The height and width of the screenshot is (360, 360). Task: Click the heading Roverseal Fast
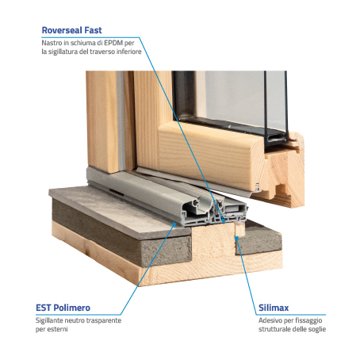[71, 30]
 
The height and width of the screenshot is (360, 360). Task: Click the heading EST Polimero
[63, 308]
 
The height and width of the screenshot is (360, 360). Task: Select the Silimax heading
[274, 308]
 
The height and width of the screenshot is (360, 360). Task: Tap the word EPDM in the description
[114, 43]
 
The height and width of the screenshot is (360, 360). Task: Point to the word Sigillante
[49, 320]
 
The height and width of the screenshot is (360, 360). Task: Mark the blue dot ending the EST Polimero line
[174, 224]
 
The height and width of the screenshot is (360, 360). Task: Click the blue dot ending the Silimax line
[237, 238]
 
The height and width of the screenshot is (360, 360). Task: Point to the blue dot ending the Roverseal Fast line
[224, 220]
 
